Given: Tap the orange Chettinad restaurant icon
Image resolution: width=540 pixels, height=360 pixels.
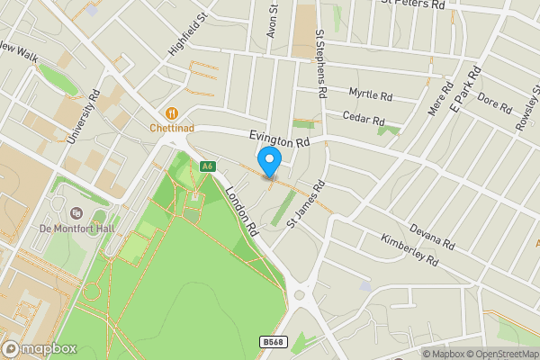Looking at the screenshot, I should [x=169, y=112].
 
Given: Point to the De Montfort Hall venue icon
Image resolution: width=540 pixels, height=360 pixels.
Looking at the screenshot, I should [x=76, y=213].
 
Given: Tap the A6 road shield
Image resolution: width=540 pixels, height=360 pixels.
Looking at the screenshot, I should [x=208, y=166].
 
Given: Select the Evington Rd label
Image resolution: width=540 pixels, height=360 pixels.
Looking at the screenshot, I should [x=279, y=139].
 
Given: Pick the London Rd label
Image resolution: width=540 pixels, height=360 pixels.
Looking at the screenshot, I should [x=242, y=211].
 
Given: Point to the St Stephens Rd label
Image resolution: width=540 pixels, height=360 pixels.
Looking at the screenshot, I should [x=319, y=63].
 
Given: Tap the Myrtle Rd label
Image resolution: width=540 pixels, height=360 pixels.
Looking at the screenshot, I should [x=371, y=94].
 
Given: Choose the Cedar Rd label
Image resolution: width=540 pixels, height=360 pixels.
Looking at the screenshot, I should [x=364, y=117].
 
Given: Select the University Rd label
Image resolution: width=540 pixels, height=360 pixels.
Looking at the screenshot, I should [x=80, y=119].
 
